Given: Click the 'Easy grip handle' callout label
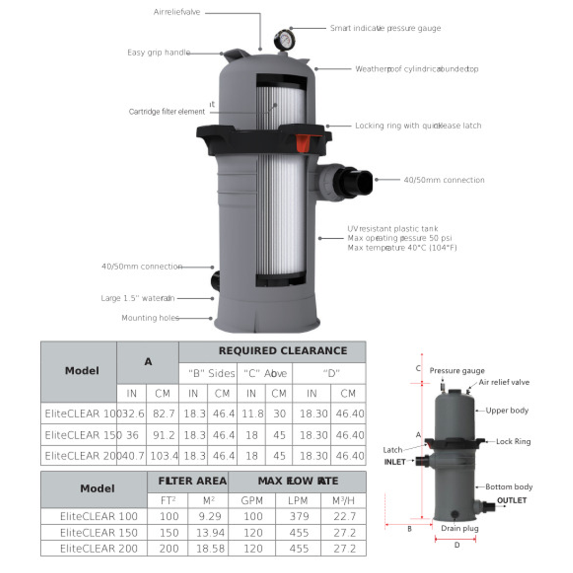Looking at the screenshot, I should pyautogui.click(x=159, y=53).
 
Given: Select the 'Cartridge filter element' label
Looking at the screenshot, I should pyautogui.click(x=167, y=112).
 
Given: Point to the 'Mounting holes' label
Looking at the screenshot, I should pyautogui.click(x=150, y=318).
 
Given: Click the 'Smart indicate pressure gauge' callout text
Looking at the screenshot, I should pyautogui.click(x=385, y=28).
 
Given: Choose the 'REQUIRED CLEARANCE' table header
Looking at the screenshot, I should pyautogui.click(x=283, y=351).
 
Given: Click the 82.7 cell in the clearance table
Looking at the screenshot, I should pyautogui.click(x=162, y=413).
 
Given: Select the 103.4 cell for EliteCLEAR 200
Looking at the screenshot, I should pyautogui.click(x=162, y=456).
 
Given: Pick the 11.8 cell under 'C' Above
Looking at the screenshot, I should pyautogui.click(x=251, y=413).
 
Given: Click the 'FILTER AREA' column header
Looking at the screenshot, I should pyautogui.click(x=192, y=481).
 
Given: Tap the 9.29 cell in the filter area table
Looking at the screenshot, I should pyautogui.click(x=207, y=516).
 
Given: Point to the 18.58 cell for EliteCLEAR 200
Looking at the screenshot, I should pyautogui.click(x=207, y=548).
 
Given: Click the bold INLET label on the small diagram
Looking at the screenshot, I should pyautogui.click(x=395, y=462).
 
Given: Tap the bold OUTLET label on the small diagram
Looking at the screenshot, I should pyautogui.click(x=512, y=500).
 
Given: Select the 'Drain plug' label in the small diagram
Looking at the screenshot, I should pyautogui.click(x=459, y=528).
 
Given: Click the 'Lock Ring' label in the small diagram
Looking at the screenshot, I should pyautogui.click(x=513, y=441).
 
